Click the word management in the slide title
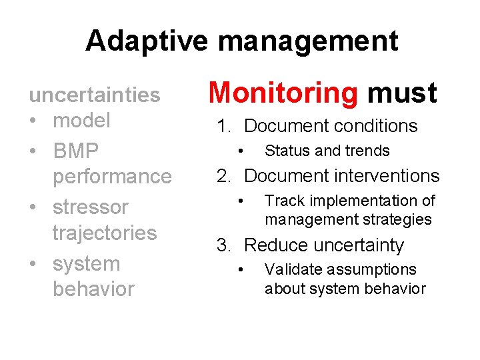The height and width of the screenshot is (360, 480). click(308, 41)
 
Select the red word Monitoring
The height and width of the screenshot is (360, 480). click(284, 93)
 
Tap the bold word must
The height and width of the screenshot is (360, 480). click(402, 93)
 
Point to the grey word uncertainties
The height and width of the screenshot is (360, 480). click(94, 95)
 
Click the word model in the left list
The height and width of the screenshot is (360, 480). click(81, 121)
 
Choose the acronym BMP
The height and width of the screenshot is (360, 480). click(75, 151)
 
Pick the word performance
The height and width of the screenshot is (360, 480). click(112, 177)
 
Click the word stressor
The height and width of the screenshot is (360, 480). click(90, 207)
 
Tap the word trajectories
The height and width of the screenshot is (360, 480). click(105, 233)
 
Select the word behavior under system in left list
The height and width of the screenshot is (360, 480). click(93, 289)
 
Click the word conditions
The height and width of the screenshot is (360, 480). click(375, 126)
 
